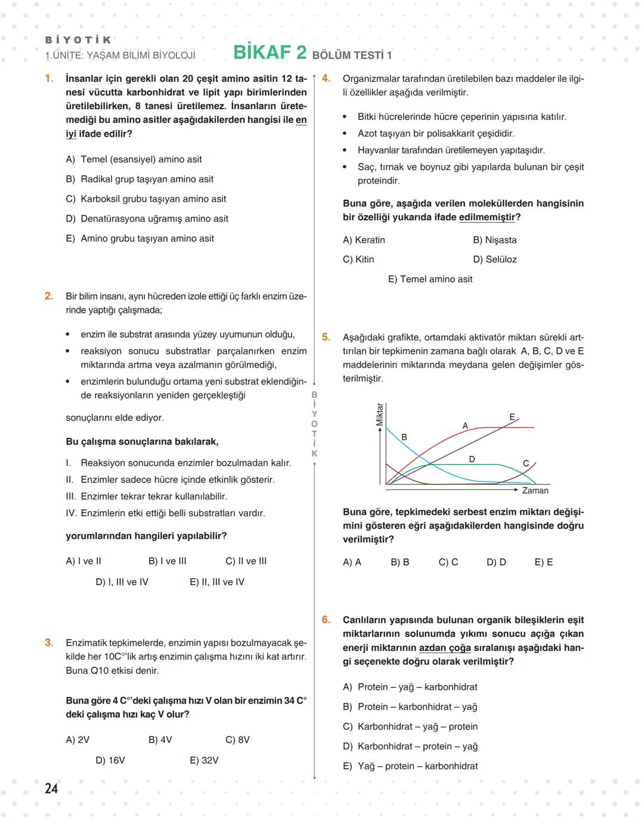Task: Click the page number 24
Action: click(x=51, y=788)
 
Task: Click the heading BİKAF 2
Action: click(x=270, y=53)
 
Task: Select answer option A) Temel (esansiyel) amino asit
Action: click(x=134, y=159)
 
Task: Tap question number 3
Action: click(x=49, y=643)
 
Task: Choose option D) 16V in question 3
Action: click(x=110, y=760)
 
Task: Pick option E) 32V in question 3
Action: click(x=204, y=760)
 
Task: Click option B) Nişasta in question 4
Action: click(x=494, y=240)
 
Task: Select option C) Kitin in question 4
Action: click(x=358, y=259)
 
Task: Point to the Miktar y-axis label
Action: click(x=379, y=415)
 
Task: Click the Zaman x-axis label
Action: click(x=535, y=490)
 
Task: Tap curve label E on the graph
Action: click(x=512, y=416)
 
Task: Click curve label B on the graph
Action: click(x=404, y=437)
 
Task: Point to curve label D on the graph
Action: click(x=472, y=459)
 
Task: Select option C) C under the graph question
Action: click(x=448, y=562)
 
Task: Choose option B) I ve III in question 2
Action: click(x=168, y=561)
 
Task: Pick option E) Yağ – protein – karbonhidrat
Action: click(x=410, y=766)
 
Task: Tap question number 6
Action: click(x=326, y=620)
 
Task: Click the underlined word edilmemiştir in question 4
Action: click(x=487, y=217)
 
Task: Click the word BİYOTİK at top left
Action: click(x=78, y=40)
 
